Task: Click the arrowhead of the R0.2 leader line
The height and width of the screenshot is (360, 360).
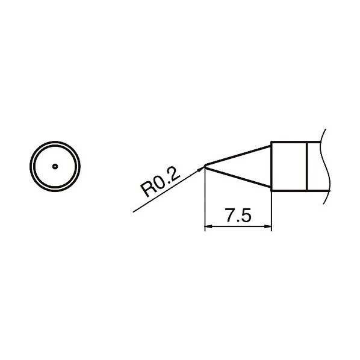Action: click(202, 169)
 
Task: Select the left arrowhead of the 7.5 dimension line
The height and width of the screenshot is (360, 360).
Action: click(209, 228)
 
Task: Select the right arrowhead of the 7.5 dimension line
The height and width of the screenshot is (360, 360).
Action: click(268, 228)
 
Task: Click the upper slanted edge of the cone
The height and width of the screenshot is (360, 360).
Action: click(239, 154)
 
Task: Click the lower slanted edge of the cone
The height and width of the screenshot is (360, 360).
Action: click(239, 179)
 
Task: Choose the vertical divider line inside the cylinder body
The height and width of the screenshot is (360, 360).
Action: click(308, 167)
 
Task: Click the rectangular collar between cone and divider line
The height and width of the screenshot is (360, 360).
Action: click(290, 167)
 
